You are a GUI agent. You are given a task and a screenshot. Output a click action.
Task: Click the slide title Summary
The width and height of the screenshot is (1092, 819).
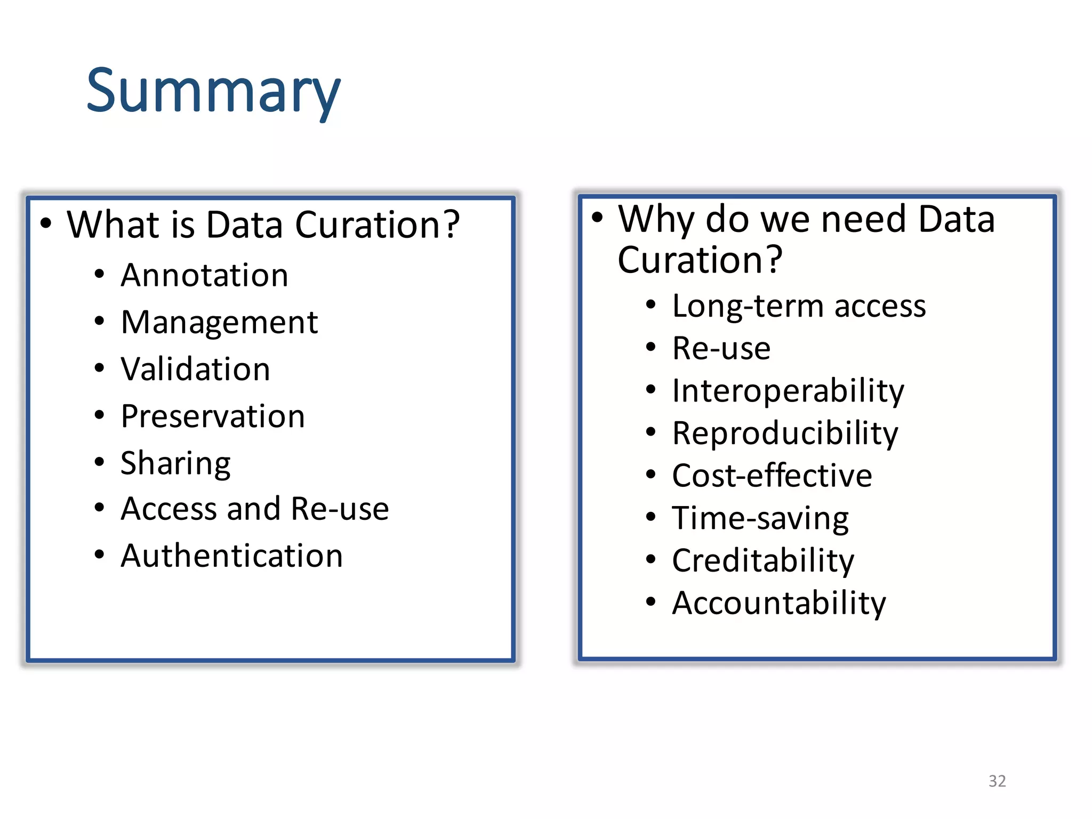(213, 92)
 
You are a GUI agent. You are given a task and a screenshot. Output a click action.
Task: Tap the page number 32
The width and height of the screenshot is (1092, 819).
(997, 781)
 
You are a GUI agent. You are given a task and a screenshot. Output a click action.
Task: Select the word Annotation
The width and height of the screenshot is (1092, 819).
(204, 276)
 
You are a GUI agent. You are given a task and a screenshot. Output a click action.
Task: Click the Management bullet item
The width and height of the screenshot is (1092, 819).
(219, 323)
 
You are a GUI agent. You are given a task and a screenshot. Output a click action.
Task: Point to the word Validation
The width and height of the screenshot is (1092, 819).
(195, 369)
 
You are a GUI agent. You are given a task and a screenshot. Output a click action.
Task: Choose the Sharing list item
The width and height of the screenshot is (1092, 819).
(175, 463)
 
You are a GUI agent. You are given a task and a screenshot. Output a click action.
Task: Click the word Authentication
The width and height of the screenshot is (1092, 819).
(231, 556)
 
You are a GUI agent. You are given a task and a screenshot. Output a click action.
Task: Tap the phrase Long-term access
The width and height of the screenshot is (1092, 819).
(799, 307)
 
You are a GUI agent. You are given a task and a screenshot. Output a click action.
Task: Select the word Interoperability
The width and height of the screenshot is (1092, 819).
(788, 391)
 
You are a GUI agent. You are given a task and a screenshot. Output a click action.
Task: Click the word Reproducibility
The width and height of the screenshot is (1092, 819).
(785, 433)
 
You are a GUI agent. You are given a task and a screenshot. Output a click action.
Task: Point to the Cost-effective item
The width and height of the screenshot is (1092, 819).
(772, 476)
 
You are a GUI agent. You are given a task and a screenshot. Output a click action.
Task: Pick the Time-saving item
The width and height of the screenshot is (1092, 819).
(760, 518)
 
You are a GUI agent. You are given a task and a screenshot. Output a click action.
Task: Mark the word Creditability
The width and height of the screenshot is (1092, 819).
(762, 561)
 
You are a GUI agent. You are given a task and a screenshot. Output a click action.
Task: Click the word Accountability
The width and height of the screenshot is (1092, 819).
(778, 603)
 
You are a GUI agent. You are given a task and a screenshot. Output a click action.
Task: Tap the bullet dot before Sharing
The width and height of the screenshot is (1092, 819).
(99, 462)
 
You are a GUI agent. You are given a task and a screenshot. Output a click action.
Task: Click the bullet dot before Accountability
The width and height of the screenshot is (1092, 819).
(651, 602)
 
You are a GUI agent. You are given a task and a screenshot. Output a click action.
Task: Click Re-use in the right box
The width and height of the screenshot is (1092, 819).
(721, 349)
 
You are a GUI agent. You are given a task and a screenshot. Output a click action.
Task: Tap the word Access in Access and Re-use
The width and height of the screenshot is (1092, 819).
(168, 509)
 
